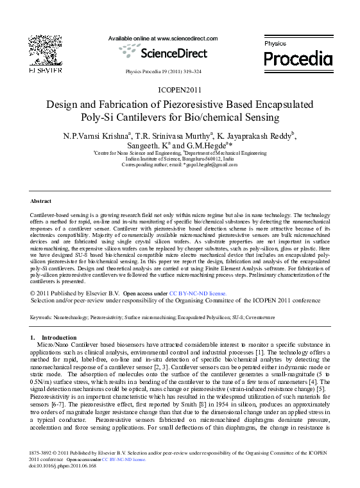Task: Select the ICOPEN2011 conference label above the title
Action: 179,90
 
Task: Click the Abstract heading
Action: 41,201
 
